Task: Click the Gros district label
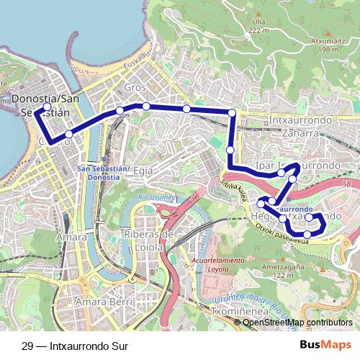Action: (135, 87)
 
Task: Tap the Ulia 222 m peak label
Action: (258, 27)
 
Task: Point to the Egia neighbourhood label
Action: (143, 171)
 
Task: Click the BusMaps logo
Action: (325, 345)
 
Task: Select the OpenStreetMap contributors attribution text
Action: (297, 323)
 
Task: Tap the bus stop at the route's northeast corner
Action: (232, 112)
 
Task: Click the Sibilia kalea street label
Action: (238, 191)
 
